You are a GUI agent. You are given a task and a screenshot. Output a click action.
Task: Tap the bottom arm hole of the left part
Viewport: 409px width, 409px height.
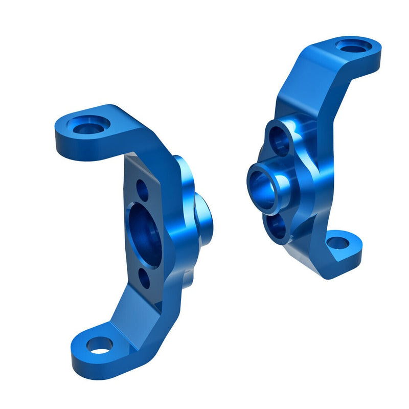point(98,345)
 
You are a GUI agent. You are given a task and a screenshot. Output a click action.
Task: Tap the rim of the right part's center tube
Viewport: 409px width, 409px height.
point(280,194)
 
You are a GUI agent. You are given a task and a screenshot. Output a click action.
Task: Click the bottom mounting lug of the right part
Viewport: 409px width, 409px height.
point(343,251)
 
